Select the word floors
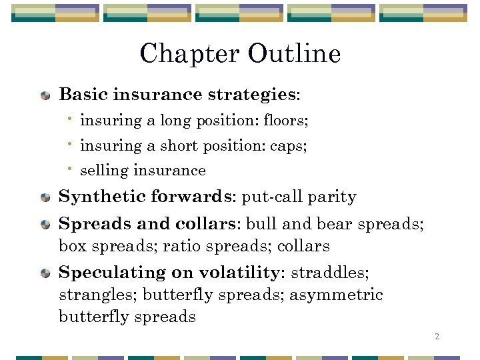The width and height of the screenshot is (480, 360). click(x=285, y=121)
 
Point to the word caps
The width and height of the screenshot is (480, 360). click(x=288, y=146)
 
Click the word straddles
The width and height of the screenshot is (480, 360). click(x=330, y=273)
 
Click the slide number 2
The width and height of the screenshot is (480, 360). click(x=437, y=337)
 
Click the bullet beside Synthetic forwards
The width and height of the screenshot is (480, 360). click(x=45, y=198)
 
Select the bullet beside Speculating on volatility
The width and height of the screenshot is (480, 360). click(x=45, y=273)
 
